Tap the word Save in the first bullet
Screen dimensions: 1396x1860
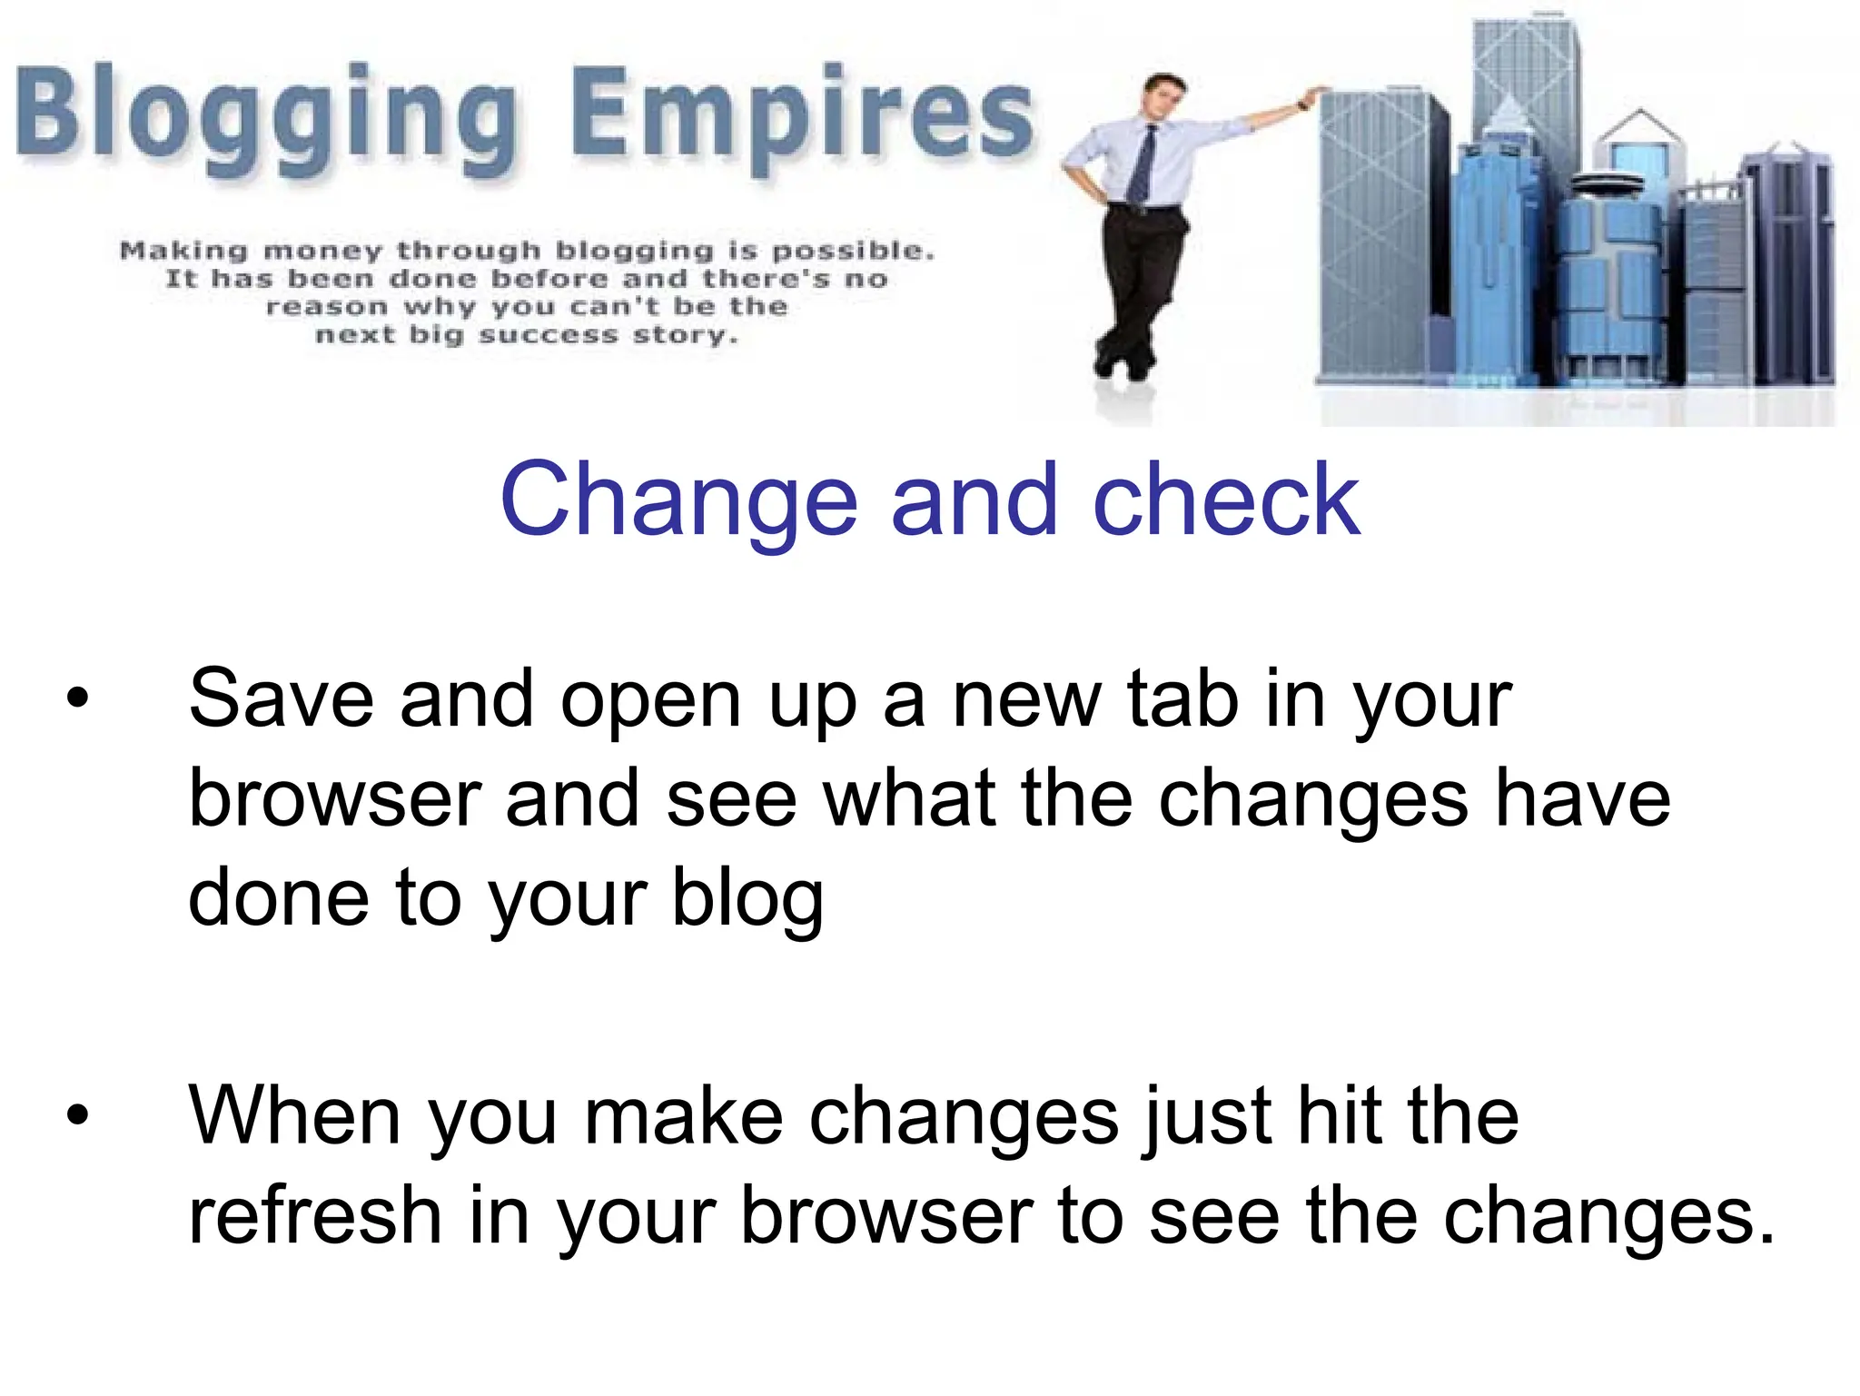point(281,699)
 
